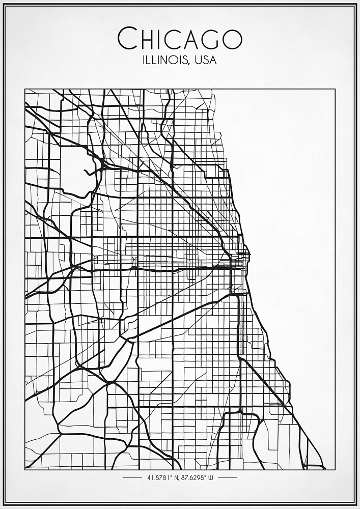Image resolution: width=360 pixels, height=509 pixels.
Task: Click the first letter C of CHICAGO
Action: (x=126, y=39)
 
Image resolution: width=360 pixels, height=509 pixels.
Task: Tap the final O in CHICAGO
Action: (x=232, y=39)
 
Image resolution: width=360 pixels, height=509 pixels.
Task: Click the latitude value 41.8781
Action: (x=159, y=478)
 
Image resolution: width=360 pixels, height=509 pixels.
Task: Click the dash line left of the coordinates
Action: (x=132, y=478)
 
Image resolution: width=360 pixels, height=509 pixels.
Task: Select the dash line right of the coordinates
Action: (x=227, y=478)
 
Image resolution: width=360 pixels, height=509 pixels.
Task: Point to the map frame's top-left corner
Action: (x=25, y=89)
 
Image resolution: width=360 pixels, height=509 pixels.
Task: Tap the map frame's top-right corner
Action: (x=335, y=89)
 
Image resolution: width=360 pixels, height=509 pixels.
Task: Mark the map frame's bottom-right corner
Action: (x=335, y=469)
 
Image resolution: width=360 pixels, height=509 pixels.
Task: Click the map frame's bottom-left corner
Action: (x=25, y=469)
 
